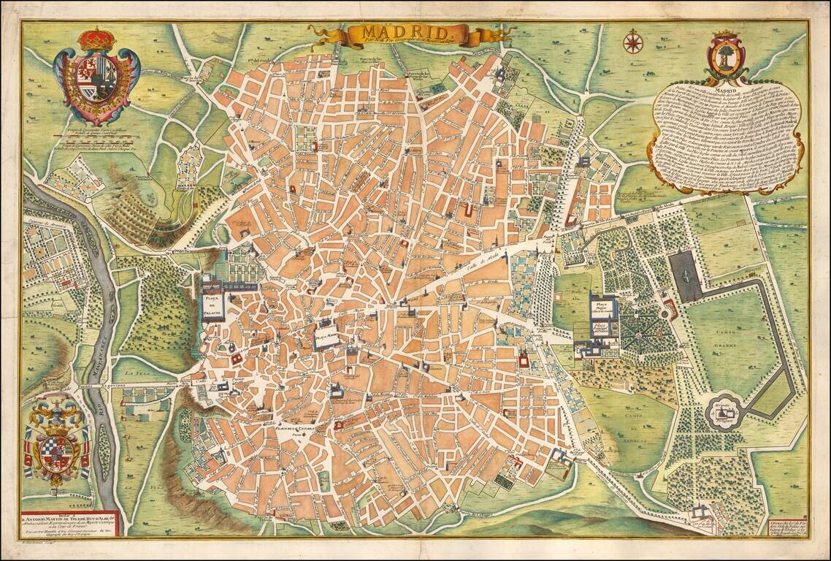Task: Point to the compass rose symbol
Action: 631,42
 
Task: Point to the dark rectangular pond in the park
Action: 685,276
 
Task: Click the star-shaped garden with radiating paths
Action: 643,333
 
